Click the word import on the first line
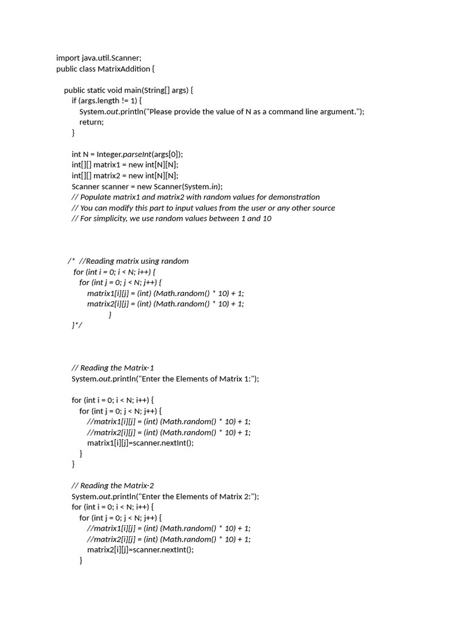coord(68,58)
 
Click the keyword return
coord(91,122)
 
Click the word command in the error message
coord(288,111)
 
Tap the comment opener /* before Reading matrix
coord(70,261)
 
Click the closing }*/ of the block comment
coord(76,325)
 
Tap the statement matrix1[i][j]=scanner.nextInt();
coord(140,443)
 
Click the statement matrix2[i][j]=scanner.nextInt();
coord(140,549)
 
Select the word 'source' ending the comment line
coord(322,207)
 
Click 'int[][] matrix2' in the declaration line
coord(97,175)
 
